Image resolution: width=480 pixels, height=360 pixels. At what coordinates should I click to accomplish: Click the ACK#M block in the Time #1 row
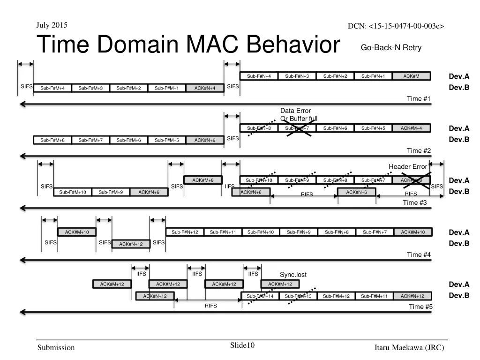click(x=411, y=76)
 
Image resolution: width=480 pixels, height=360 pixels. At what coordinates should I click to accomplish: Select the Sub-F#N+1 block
click(x=373, y=76)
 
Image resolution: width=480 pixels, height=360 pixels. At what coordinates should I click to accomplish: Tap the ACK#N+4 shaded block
click(x=205, y=88)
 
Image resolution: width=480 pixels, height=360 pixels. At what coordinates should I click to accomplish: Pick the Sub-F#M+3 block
click(x=90, y=88)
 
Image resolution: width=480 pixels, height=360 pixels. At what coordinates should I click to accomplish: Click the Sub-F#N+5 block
click(x=373, y=128)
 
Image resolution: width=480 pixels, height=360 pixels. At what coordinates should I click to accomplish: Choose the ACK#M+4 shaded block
click(x=411, y=128)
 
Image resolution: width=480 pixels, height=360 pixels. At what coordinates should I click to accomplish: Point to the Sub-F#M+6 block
click(x=128, y=140)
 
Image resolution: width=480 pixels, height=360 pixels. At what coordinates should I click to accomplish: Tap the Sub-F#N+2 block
click(x=335, y=76)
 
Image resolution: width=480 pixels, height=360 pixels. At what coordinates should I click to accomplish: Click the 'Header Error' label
click(x=408, y=166)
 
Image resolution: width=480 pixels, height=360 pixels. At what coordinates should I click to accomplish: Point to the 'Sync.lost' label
click(x=293, y=275)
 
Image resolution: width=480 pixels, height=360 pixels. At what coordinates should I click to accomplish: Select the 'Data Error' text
click(x=295, y=111)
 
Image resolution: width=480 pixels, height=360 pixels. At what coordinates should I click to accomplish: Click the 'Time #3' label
click(x=415, y=202)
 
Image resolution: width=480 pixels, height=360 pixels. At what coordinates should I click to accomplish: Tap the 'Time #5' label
click(x=420, y=307)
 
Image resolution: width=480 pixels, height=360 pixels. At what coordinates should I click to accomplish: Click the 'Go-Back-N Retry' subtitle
click(x=391, y=47)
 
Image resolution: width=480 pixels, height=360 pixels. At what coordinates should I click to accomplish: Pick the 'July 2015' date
click(x=52, y=24)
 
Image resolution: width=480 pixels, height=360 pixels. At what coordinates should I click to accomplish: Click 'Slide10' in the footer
click(x=242, y=345)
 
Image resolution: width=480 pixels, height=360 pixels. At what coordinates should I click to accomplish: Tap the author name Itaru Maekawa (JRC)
click(x=409, y=347)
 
